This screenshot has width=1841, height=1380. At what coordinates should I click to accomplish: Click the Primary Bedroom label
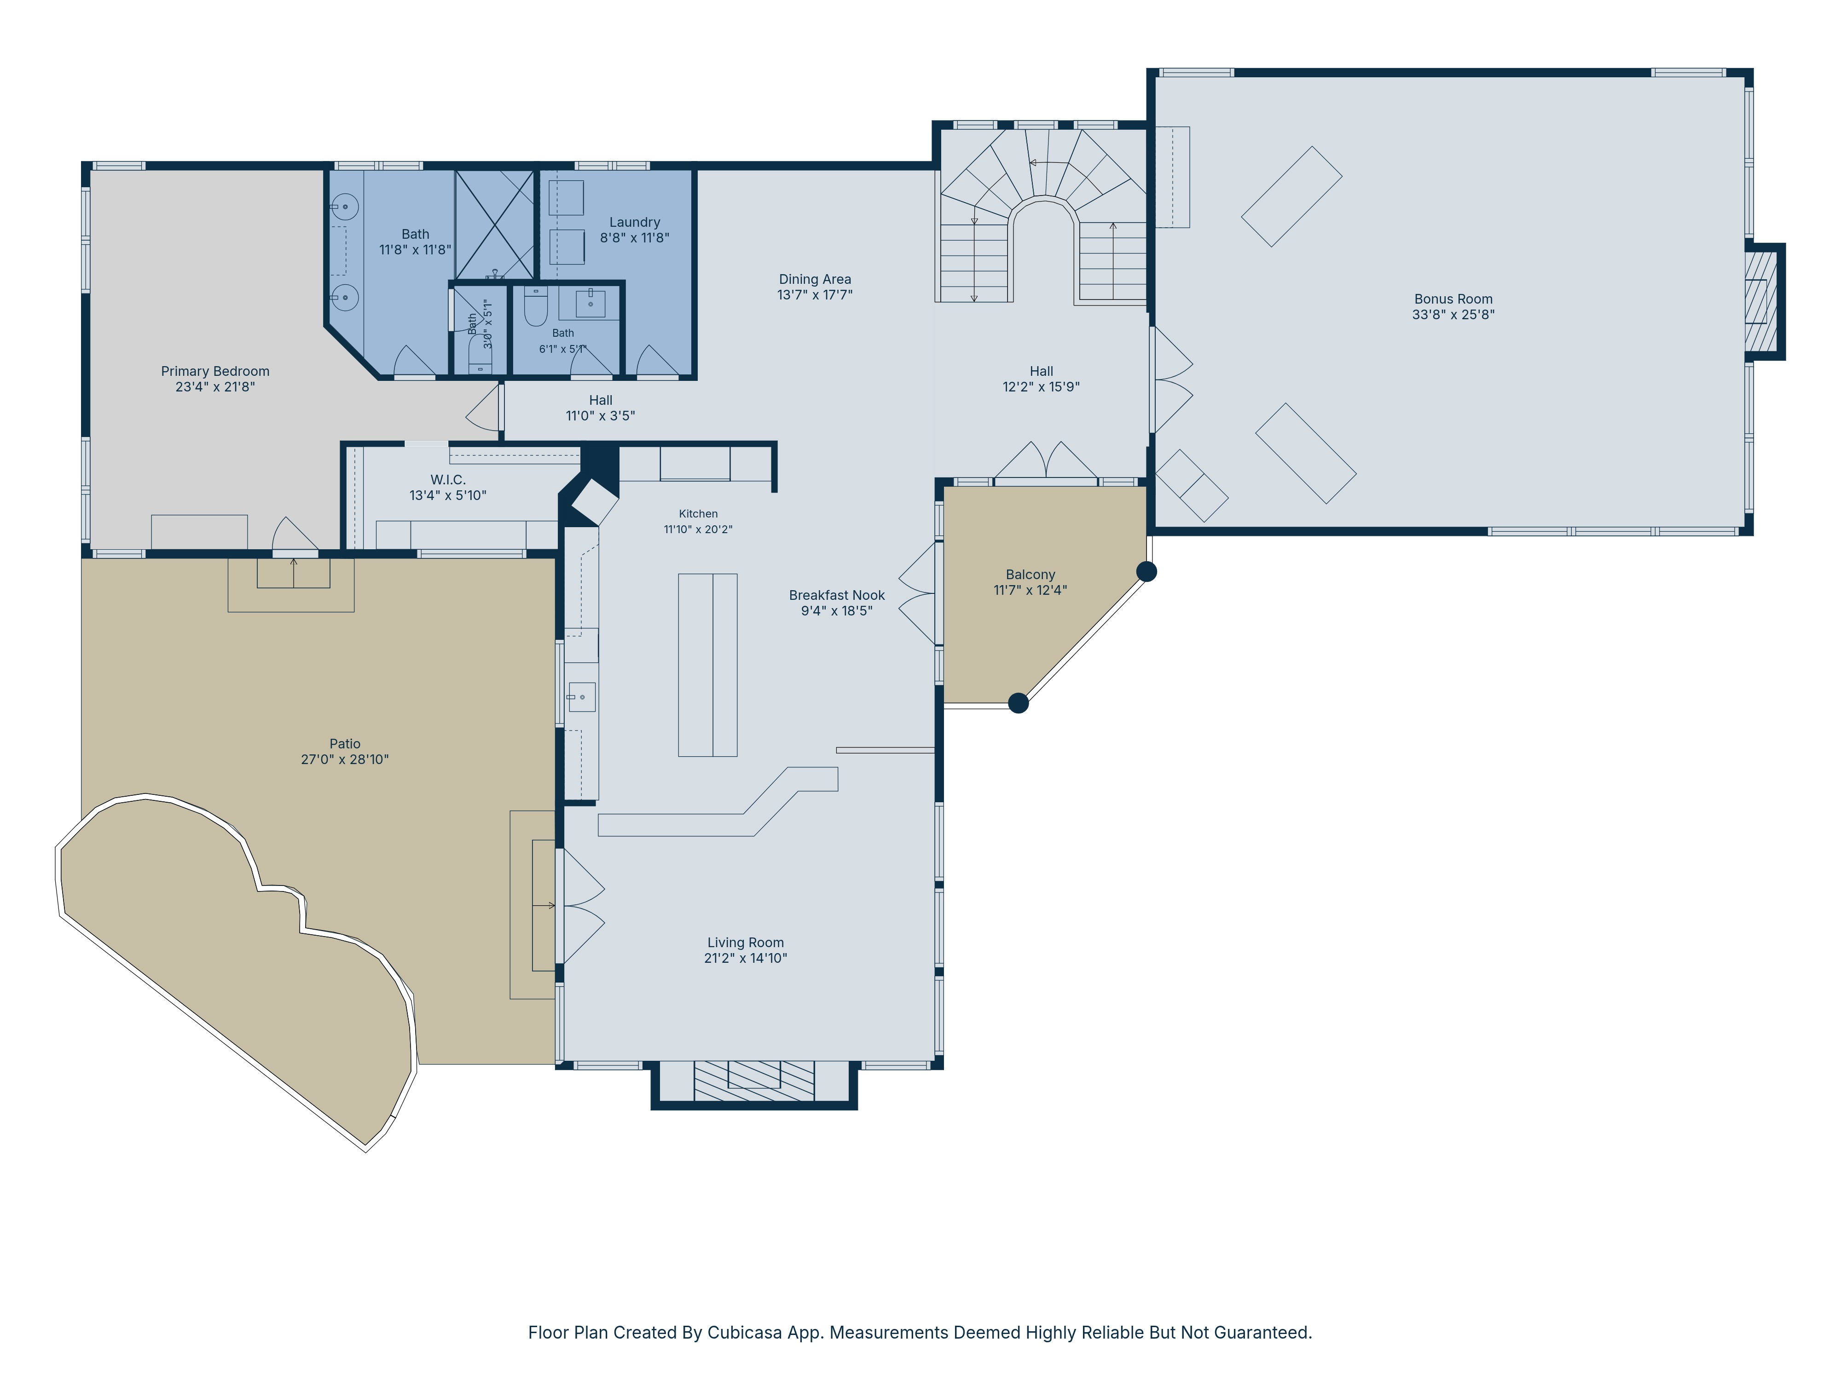[x=215, y=371]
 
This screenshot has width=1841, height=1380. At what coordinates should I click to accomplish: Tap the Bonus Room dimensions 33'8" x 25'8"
[x=1453, y=315]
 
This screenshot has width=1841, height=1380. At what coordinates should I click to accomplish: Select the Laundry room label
[x=634, y=222]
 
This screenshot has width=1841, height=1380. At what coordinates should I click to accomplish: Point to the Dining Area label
[x=815, y=280]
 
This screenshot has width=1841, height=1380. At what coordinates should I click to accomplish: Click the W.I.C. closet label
[x=448, y=480]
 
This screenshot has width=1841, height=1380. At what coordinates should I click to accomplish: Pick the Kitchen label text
[x=697, y=514]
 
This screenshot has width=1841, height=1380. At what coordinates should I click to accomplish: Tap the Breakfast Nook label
[x=836, y=596]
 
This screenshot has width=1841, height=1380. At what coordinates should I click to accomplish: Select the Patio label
[x=345, y=744]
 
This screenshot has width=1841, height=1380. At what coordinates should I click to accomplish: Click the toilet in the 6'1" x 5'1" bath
[x=536, y=308]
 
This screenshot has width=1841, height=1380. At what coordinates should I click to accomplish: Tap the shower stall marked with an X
[x=494, y=224]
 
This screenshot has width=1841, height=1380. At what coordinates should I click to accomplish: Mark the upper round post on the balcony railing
[x=1146, y=571]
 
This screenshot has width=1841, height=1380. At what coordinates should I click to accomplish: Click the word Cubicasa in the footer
[x=745, y=1333]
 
